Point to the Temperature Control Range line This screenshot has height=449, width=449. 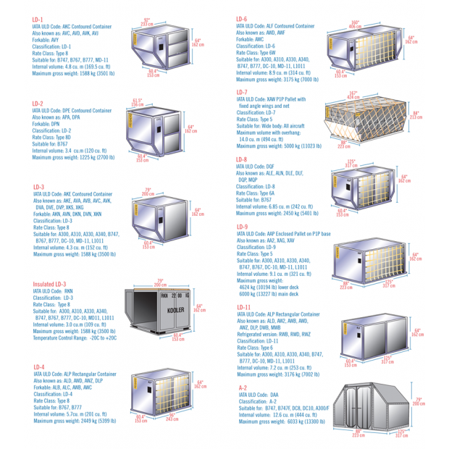pos(75,337)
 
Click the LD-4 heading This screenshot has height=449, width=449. pos(38,367)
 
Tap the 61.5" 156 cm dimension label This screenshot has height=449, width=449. pos(138,102)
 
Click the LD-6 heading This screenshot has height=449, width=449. pos(241,19)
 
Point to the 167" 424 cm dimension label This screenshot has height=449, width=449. pos(353,95)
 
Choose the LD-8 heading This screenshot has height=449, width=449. pos(241,159)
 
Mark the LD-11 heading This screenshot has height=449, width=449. pos(243,308)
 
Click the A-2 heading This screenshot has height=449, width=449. pos(243,388)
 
